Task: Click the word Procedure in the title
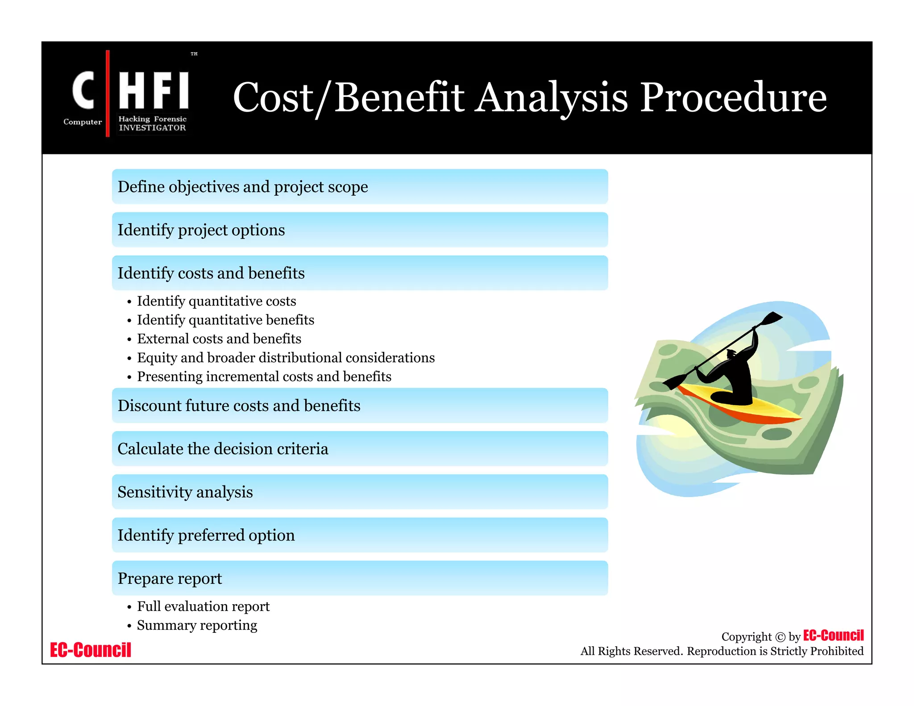pos(733,97)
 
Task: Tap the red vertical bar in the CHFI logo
pos(108,94)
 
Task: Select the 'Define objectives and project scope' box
pos(359,187)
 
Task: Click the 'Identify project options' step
pos(359,230)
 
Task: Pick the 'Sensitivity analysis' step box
pos(359,492)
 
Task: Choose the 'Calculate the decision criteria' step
pos(359,449)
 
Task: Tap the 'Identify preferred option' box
pos(359,535)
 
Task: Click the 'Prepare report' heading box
pos(359,578)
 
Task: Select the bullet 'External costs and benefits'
pos(219,339)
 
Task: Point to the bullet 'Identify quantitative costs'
pos(216,301)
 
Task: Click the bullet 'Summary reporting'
pos(197,625)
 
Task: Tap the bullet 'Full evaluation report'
pos(203,606)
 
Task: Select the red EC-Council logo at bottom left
pos(91,650)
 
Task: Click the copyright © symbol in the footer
pos(780,637)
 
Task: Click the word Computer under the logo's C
pos(83,122)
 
